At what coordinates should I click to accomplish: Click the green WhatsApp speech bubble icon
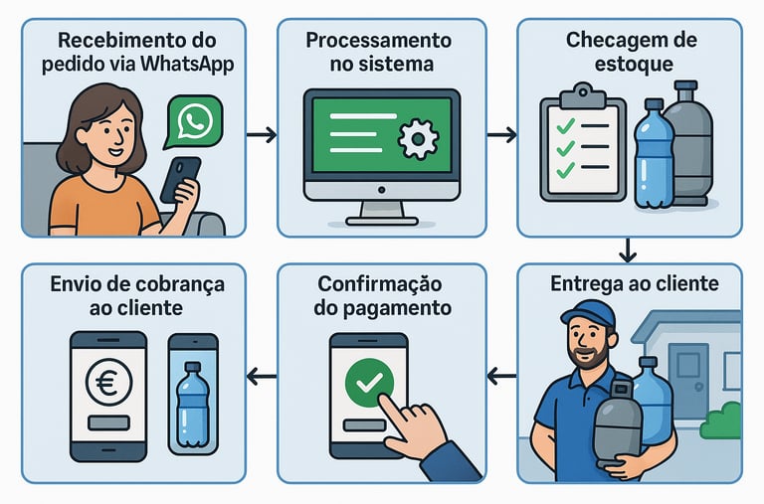tap(194, 121)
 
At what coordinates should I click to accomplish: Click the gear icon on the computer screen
tap(417, 140)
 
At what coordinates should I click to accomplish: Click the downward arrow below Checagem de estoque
tap(627, 251)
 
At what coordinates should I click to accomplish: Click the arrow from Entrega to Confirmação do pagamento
tap(502, 376)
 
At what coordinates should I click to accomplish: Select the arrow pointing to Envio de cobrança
tap(262, 376)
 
